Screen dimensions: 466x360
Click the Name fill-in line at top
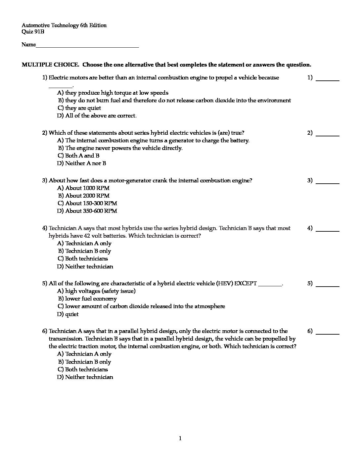[x=87, y=47]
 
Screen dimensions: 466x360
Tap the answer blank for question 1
[x=328, y=79]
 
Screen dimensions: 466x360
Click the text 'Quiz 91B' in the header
[x=33, y=32]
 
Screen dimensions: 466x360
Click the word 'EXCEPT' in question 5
[x=245, y=284]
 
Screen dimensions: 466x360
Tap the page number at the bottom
[x=180, y=439]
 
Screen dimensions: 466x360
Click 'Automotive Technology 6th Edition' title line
[x=64, y=25]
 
